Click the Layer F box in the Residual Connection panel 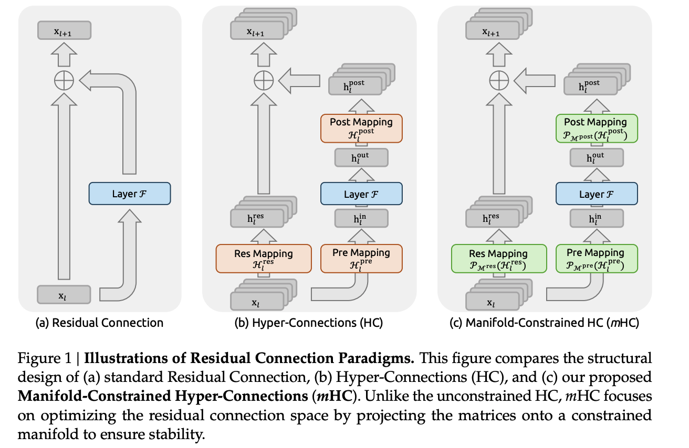point(130,194)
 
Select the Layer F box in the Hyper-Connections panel point(361,194)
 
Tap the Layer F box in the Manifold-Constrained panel point(596,194)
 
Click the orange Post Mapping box point(361,127)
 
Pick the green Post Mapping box point(596,127)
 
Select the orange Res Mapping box point(263,258)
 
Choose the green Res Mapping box point(498,258)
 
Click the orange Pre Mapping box point(361,258)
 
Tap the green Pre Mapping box point(596,258)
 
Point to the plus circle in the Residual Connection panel point(65,80)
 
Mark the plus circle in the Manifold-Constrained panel point(498,80)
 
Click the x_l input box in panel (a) point(64,295)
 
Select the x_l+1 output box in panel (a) point(64,30)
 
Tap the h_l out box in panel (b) point(361,157)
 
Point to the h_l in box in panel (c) point(596,218)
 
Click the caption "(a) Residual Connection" point(99,323)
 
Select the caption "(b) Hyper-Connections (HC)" point(309,323)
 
